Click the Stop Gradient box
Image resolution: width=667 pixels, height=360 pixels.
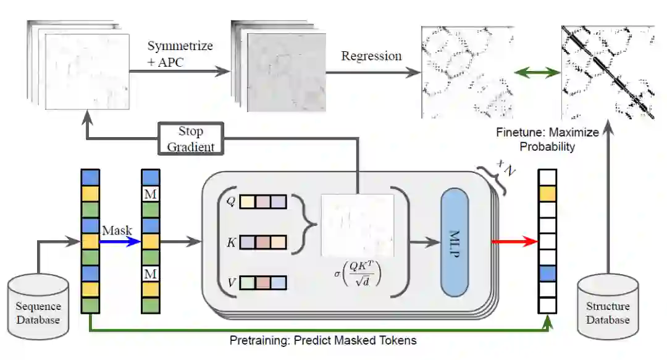(x=190, y=139)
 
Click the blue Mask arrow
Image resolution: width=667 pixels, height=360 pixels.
(x=120, y=241)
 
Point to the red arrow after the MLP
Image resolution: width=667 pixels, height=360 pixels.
(x=513, y=241)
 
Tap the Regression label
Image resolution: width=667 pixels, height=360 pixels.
(x=371, y=56)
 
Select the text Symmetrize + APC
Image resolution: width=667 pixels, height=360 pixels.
(x=180, y=54)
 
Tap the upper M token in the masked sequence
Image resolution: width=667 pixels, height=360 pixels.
(x=151, y=193)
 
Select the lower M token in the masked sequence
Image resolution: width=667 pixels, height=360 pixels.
(x=151, y=273)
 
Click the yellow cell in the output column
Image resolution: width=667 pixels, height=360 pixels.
(x=547, y=194)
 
